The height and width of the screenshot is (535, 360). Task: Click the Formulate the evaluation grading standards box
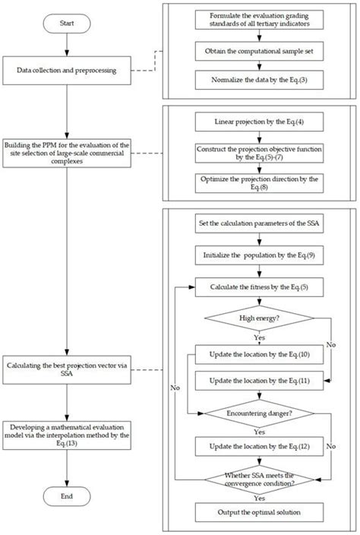click(x=260, y=18)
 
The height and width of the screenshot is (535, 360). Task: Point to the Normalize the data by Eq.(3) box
click(x=260, y=78)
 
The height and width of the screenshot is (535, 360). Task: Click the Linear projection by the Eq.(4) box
click(x=260, y=122)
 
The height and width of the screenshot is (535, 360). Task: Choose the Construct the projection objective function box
click(x=260, y=151)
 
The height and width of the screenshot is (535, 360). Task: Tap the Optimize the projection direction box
click(x=260, y=182)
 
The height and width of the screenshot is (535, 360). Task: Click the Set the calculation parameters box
click(x=260, y=225)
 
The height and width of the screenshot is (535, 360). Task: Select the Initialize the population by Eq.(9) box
click(x=260, y=257)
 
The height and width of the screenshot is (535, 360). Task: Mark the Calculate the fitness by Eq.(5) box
click(x=260, y=288)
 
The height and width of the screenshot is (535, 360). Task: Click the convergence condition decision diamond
click(x=260, y=479)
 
